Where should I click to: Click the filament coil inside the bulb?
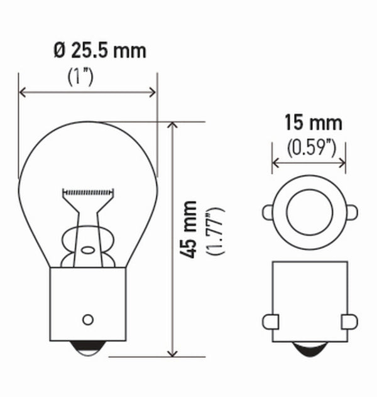[x=88, y=190]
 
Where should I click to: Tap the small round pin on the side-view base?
[x=88, y=317]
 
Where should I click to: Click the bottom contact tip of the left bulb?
[x=88, y=347]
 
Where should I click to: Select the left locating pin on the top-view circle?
[x=268, y=212]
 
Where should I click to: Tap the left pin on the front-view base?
[x=270, y=322]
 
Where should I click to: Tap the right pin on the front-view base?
[x=349, y=322]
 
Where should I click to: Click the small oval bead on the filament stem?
[x=88, y=250]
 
